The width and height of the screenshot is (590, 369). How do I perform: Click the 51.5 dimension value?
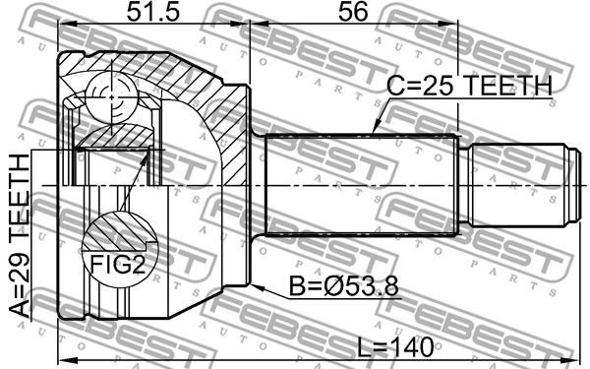153,13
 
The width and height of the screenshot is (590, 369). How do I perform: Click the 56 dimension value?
353,13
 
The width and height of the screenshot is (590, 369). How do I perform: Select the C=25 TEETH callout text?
469,86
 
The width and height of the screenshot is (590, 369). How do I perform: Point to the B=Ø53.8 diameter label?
343,286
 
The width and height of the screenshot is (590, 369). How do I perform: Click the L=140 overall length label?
395,347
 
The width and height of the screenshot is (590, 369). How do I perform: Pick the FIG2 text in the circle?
117,264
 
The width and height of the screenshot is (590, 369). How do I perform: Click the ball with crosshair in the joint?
111,97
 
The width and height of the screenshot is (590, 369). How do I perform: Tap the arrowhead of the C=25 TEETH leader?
377,127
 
